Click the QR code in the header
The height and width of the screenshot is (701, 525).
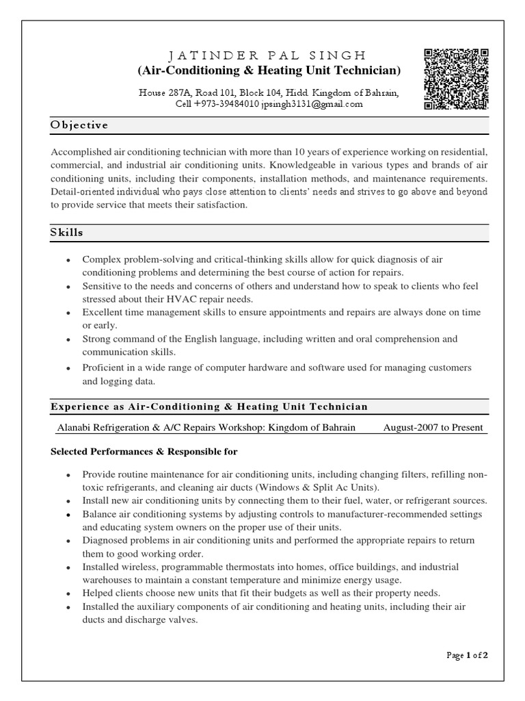tap(456, 79)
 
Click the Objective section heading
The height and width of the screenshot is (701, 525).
tap(79, 125)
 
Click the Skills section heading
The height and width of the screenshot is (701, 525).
tap(67, 232)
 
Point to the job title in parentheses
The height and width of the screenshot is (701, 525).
tap(269, 71)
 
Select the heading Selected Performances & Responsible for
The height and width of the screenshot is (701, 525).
tap(144, 453)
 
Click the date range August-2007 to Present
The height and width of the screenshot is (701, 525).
tap(433, 428)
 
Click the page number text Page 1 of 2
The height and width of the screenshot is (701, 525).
tap(468, 654)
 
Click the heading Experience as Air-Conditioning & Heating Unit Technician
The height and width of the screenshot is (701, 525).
tap(209, 407)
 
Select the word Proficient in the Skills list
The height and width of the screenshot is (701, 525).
tap(105, 368)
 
